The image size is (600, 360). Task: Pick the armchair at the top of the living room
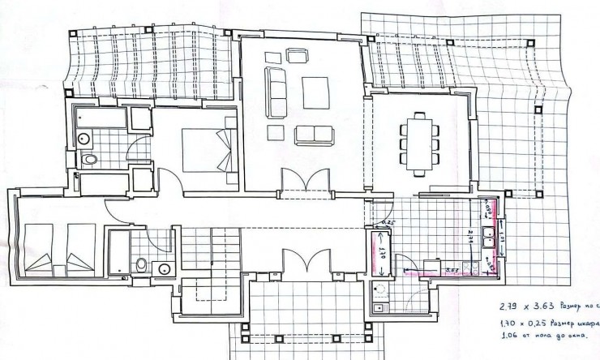pos(297,55)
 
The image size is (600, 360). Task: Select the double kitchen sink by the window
pos(490,237)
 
